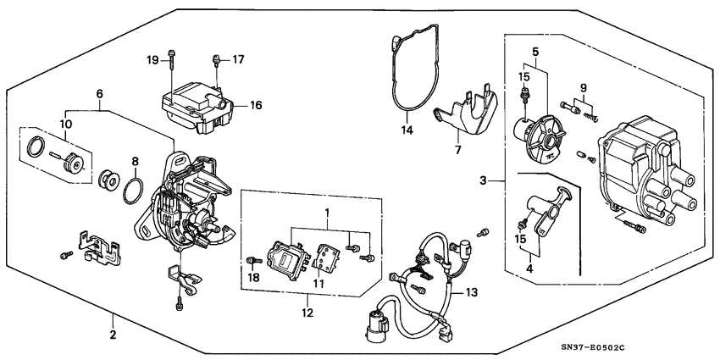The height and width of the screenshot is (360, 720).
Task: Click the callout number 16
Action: (256, 106)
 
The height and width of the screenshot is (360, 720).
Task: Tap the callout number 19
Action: (152, 60)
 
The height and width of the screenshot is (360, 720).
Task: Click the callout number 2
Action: (113, 335)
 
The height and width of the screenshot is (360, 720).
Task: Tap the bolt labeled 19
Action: (172, 59)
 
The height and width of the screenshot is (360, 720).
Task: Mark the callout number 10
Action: (64, 125)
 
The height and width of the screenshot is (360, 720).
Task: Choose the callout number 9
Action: (582, 88)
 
